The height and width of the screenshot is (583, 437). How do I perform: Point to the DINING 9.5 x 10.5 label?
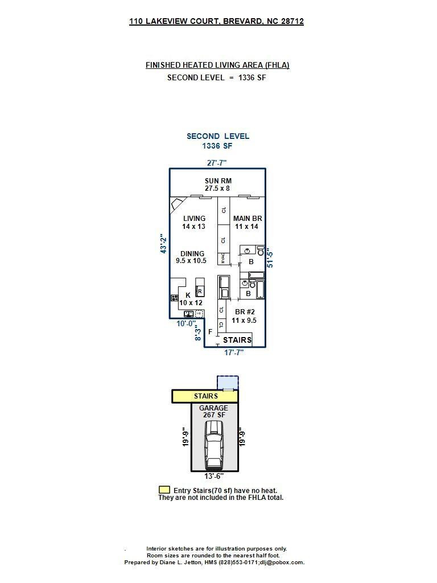point(192,257)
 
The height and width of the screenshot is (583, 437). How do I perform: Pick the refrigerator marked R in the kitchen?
point(200,291)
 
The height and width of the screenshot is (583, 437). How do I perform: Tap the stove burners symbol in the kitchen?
point(174,298)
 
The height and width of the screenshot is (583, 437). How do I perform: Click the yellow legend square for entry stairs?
point(164,490)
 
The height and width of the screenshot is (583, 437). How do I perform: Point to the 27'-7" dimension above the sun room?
point(217,163)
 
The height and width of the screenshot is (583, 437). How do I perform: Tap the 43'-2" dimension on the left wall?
point(164,243)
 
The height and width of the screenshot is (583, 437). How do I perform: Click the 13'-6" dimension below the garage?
point(214,476)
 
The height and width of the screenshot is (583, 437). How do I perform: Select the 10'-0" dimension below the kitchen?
point(186,324)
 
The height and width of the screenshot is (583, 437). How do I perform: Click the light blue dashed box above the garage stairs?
point(228,382)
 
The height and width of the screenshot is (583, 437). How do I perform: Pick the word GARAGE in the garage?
point(213,408)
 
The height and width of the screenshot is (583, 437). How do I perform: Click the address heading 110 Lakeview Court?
point(216,22)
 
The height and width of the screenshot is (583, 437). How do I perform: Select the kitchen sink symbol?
point(188,313)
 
